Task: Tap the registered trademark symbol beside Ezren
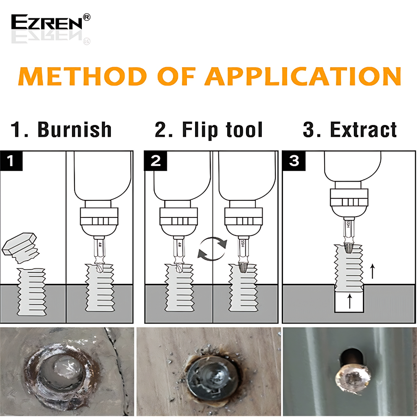pyautogui.click(x=87, y=17)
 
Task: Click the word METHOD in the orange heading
pyautogui.click(x=82, y=76)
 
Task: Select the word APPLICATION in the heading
pyautogui.click(x=303, y=76)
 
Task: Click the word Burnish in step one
pyautogui.click(x=75, y=129)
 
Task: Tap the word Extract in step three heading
pyautogui.click(x=363, y=129)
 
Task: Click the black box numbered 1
pyautogui.click(x=11, y=160)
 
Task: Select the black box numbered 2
pyautogui.click(x=156, y=160)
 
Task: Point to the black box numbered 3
pyautogui.click(x=294, y=160)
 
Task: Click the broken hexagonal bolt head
pyautogui.click(x=20, y=247)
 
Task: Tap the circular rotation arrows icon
pyautogui.click(x=212, y=249)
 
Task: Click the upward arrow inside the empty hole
pyautogui.click(x=350, y=301)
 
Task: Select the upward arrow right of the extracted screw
pyautogui.click(x=373, y=271)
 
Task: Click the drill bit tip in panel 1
pyautogui.click(x=100, y=268)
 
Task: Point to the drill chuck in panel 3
pyautogui.click(x=349, y=202)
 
